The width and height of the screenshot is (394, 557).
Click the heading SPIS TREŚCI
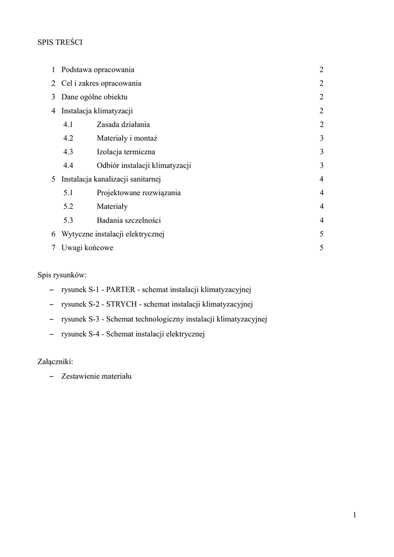coord(60,41)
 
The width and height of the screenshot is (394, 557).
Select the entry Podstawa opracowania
coord(98,70)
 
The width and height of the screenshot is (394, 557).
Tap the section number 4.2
coord(68,138)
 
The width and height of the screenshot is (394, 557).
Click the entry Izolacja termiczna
coord(126,152)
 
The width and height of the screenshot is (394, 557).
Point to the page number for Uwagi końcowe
coord(322,247)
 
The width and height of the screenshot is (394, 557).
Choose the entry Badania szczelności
coord(128,220)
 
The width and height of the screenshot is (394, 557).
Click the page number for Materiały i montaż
coord(322,138)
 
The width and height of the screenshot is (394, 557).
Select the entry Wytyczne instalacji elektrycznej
coord(113,234)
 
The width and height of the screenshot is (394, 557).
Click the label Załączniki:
coord(55,361)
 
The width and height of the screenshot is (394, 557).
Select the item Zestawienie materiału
coord(96,375)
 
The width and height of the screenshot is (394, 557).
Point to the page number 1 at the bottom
coord(354,515)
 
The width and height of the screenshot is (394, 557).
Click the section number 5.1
coord(68,193)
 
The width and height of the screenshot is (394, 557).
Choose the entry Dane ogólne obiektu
coord(94,97)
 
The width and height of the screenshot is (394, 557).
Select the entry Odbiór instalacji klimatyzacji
coord(144,165)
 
